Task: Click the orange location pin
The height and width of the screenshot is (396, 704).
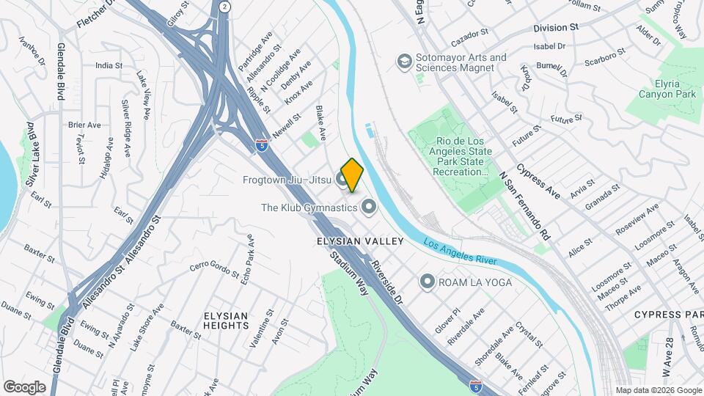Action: [352, 175]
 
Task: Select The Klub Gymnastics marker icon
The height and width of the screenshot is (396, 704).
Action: [369, 208]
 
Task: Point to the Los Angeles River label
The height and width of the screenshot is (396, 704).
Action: [460, 254]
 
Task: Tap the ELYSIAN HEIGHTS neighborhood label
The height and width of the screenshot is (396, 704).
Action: [226, 320]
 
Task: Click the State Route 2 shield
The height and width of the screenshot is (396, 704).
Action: [224, 7]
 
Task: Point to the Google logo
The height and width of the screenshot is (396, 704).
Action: [25, 386]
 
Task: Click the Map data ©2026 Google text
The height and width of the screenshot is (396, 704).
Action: [658, 390]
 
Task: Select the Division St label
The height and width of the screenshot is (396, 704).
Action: [556, 28]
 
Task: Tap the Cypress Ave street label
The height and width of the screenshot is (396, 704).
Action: [538, 182]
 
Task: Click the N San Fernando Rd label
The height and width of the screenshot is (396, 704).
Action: [524, 207]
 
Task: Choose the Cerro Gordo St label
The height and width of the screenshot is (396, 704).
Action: [214, 269]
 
